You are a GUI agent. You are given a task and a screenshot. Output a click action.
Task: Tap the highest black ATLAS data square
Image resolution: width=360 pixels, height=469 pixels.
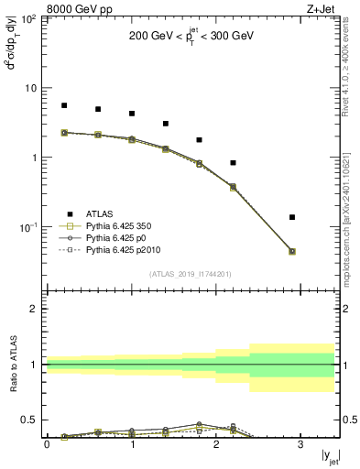coord(64,105)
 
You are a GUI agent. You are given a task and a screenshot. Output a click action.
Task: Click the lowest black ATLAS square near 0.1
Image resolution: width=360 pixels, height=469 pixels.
coord(292,217)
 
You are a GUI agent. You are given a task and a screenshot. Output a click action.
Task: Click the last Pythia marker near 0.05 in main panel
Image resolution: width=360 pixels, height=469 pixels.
coord(292,251)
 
